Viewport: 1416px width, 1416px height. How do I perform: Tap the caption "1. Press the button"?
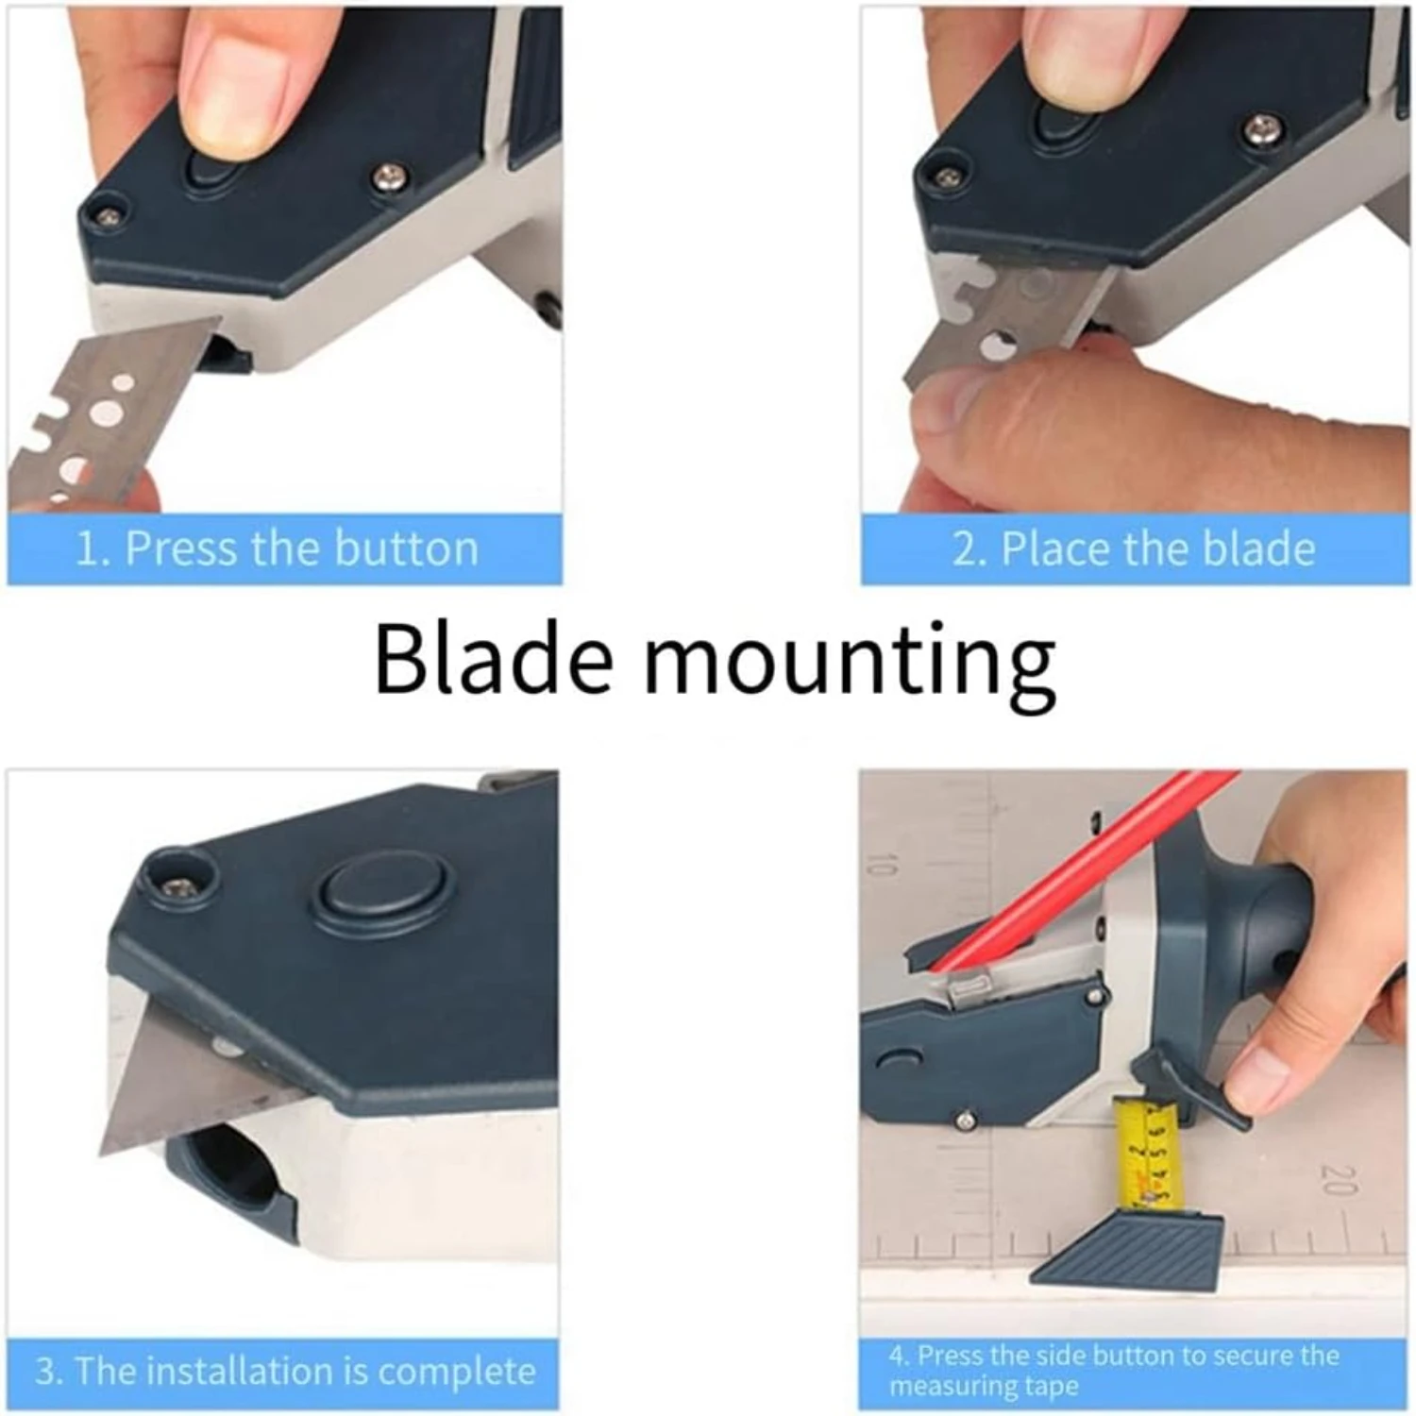pyautogui.click(x=278, y=549)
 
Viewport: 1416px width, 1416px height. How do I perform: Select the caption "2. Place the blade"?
pyautogui.click(x=1133, y=549)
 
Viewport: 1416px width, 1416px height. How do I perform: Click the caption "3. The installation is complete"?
pyautogui.click(x=285, y=1371)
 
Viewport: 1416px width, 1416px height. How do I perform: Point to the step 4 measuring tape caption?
pyautogui.click(x=1114, y=1371)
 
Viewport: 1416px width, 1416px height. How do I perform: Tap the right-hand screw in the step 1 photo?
pyautogui.click(x=390, y=176)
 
